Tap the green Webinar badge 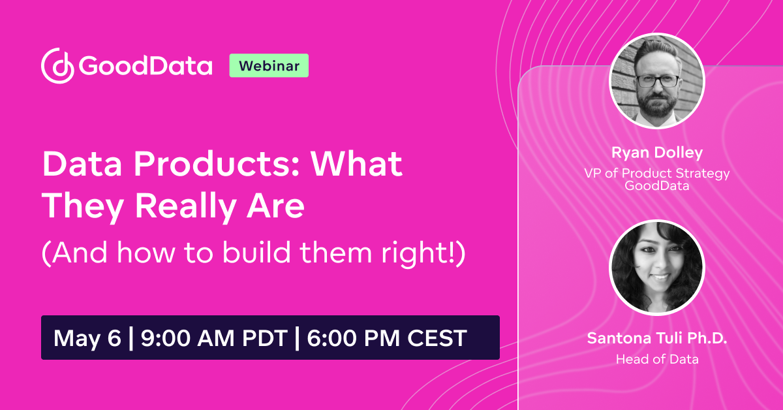pos(269,66)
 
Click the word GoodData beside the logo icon pos(146,66)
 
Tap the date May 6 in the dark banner pos(87,338)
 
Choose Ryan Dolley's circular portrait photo pos(657,81)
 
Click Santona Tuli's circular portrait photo pos(657,268)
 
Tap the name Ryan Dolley pos(657,153)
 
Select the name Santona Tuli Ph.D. pos(657,339)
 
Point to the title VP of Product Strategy pos(657,173)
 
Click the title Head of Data pos(657,359)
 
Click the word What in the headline pos(356,165)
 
